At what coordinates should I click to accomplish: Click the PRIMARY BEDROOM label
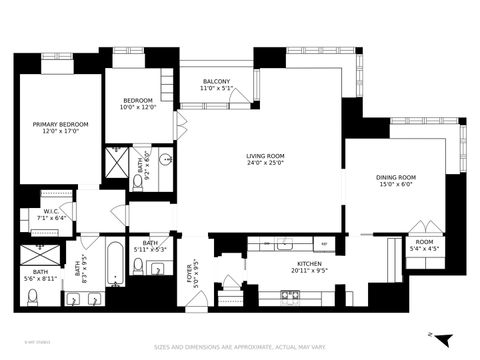point(60,123)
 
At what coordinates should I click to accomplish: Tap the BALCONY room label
point(215,82)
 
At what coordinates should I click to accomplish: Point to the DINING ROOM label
point(395,177)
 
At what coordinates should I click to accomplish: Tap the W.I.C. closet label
point(52,211)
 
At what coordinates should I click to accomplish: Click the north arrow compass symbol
point(443,338)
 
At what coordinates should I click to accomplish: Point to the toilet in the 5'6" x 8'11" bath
point(33,296)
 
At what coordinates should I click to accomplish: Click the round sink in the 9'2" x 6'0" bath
point(165,159)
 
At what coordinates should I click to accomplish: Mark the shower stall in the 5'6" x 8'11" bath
point(42,244)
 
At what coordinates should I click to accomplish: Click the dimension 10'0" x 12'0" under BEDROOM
point(137,108)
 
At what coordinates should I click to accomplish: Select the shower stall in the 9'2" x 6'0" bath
point(119,160)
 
